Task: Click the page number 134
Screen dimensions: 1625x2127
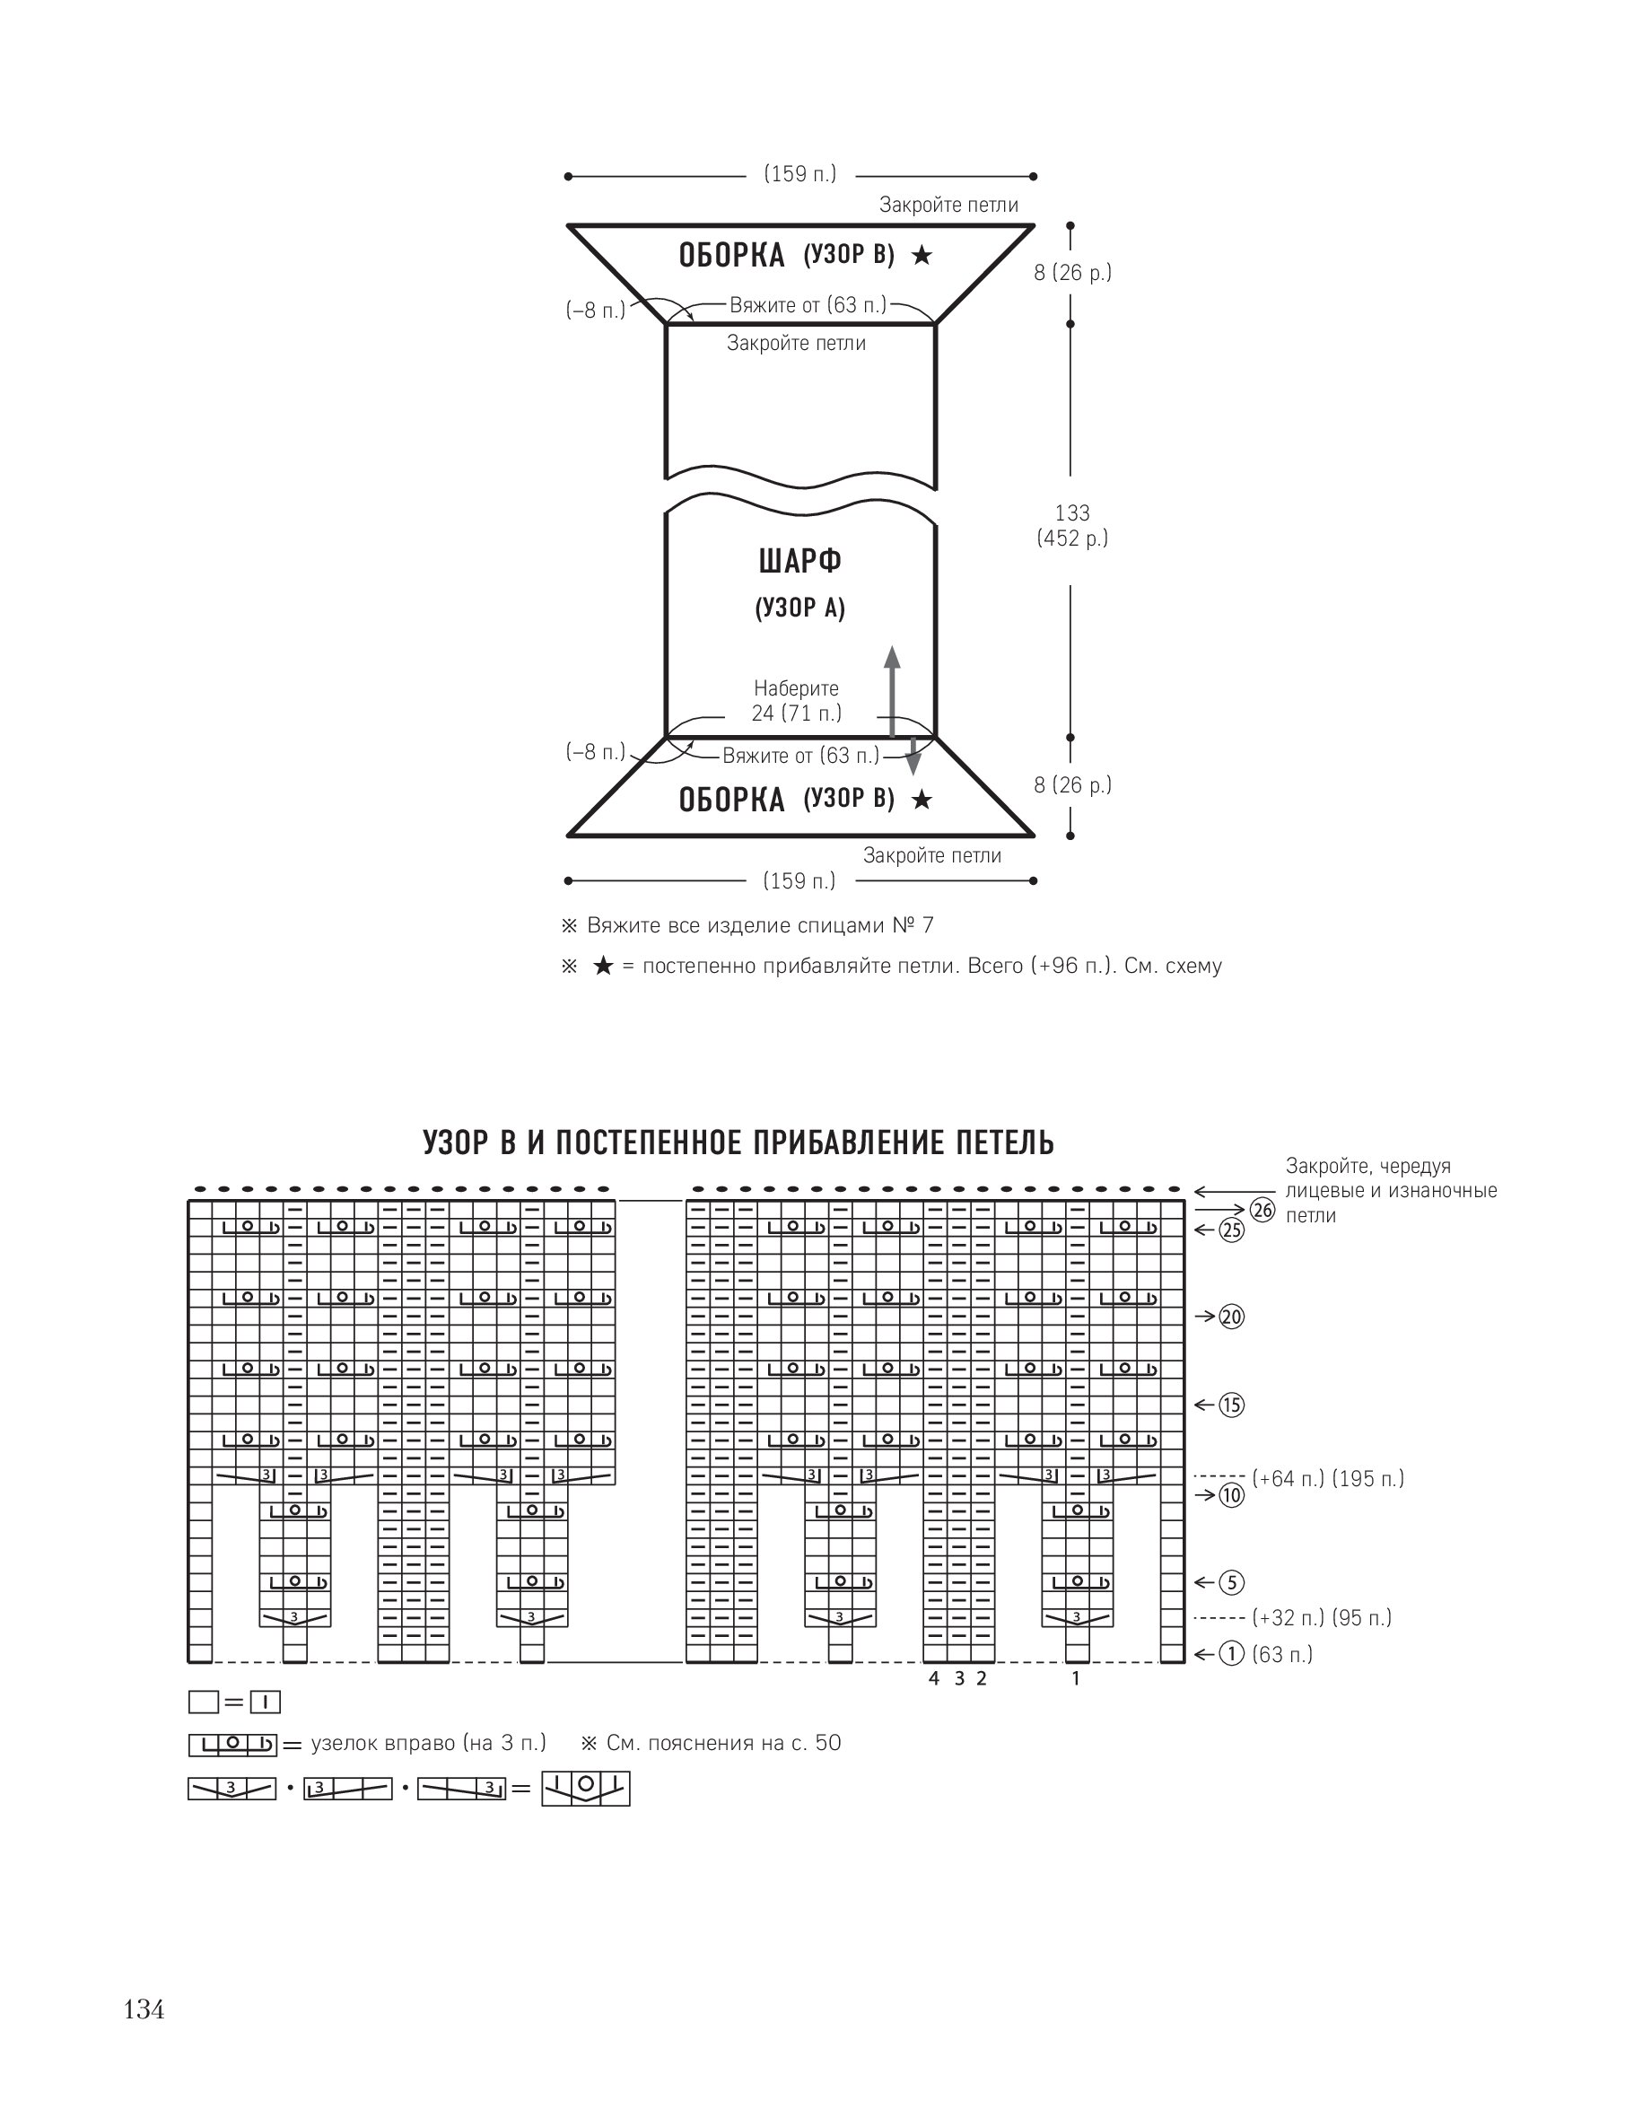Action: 144,2010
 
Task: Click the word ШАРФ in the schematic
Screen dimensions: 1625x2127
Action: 799,561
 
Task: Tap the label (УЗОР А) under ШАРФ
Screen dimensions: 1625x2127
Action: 799,608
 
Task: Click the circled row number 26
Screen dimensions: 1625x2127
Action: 1262,1209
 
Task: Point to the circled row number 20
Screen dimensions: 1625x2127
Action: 1231,1317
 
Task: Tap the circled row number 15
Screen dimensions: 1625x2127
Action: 1231,1405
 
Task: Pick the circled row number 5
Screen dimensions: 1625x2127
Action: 1231,1582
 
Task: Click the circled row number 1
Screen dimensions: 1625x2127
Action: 1231,1654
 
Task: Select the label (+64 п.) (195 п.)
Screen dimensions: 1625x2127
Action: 1328,1478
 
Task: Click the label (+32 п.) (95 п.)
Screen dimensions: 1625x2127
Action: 1322,1617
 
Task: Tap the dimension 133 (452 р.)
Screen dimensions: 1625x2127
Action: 1072,525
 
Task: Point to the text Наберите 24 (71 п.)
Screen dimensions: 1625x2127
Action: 797,701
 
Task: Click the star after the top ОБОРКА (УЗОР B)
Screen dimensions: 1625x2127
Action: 922,256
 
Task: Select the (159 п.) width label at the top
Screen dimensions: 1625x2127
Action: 799,174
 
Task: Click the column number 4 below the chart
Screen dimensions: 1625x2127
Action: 933,1678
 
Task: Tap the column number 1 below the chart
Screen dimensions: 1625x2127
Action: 1076,1678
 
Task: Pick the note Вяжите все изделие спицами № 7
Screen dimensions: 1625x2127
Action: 760,925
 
